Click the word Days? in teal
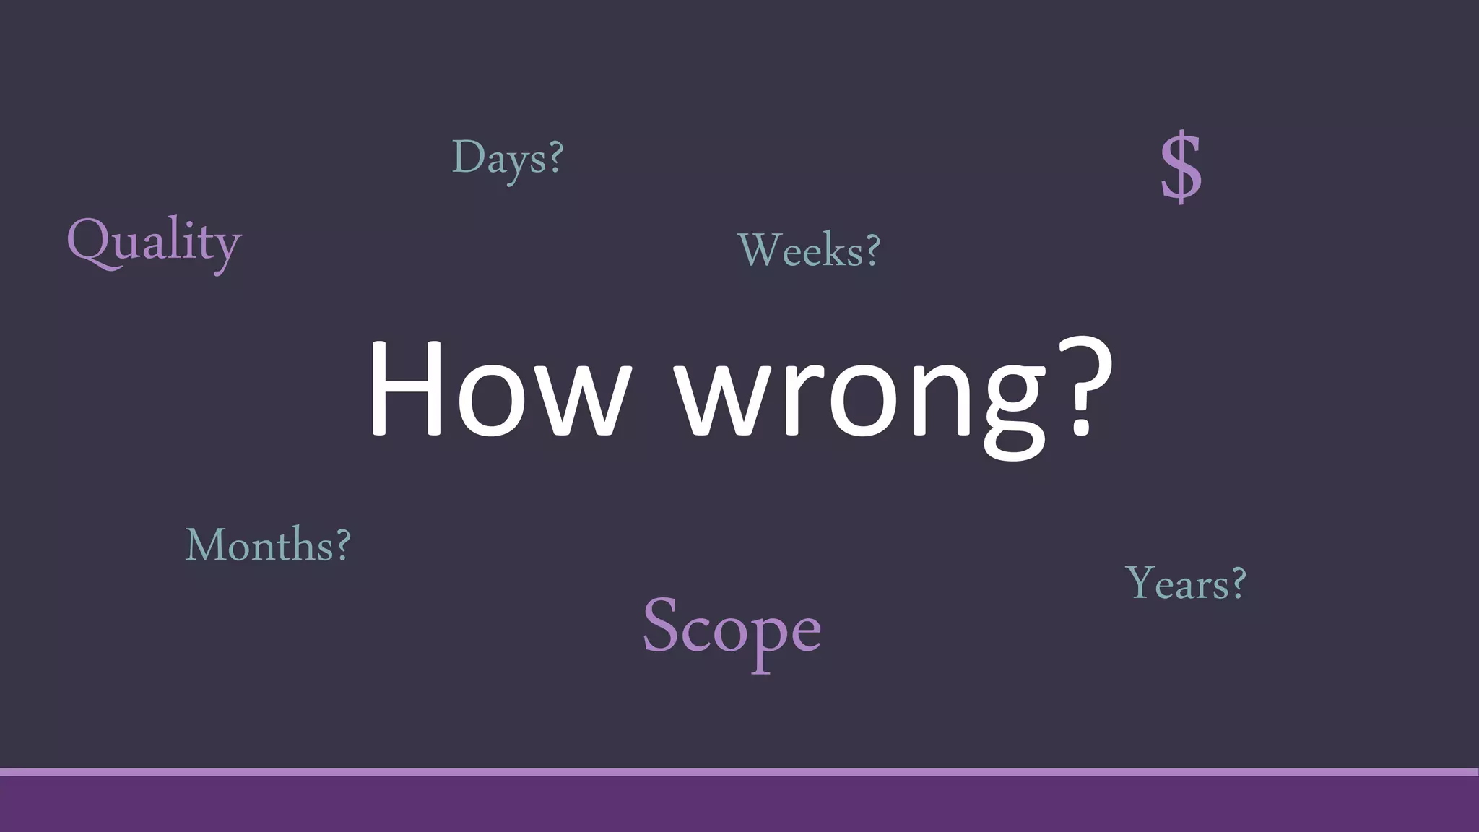[507, 158]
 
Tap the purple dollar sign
[1181, 167]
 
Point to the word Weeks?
[809, 250]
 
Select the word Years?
[1186, 583]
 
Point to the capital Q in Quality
[90, 241]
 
